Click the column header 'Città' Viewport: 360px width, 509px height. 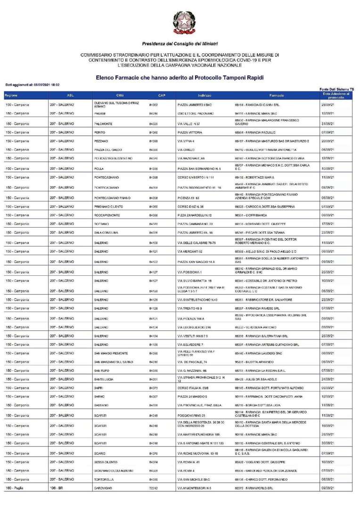tap(120, 96)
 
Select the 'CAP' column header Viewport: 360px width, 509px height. tap(162, 96)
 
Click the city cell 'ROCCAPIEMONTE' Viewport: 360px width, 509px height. tap(109, 215)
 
